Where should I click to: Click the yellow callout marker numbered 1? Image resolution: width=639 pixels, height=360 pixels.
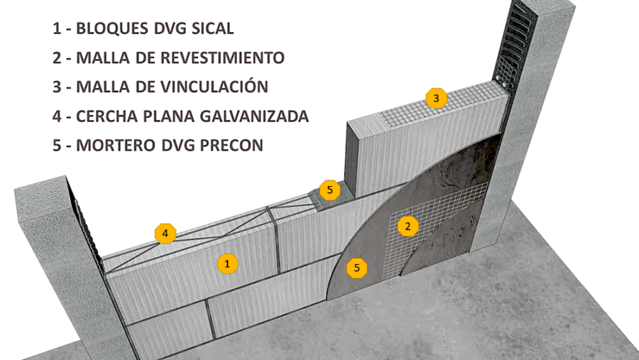click(226, 263)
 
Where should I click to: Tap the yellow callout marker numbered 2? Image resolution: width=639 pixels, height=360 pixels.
click(407, 226)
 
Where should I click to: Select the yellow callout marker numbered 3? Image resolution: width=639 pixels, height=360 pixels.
click(436, 98)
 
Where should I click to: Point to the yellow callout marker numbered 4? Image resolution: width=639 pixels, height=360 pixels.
click(165, 233)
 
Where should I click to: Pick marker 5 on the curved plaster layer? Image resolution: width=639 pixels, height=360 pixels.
click(357, 268)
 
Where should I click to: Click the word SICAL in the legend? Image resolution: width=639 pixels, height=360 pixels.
click(211, 29)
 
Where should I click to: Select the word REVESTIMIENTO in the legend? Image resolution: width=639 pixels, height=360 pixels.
click(226, 58)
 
